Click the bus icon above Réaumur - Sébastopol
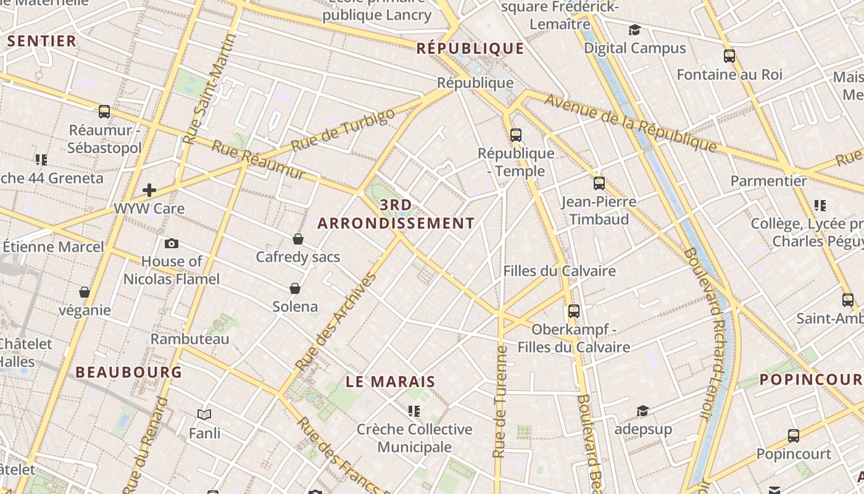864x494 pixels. point(104,112)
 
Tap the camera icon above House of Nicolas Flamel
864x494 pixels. point(172,243)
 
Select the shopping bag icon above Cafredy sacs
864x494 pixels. point(298,239)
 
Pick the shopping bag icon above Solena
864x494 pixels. point(295,288)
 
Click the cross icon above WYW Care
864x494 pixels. point(149,190)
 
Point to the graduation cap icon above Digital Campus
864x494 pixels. point(634,30)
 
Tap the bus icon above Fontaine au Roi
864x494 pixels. point(729,56)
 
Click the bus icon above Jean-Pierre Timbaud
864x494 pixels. point(599,183)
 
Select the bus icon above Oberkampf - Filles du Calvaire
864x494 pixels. point(574,311)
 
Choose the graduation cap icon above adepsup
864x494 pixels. point(642,411)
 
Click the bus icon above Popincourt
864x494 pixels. point(794,436)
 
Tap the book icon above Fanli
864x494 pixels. point(204,415)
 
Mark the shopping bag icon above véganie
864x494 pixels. point(85,292)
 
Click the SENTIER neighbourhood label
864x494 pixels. point(42,41)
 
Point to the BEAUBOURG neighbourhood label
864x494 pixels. point(129,372)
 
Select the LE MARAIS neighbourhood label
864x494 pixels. point(391,382)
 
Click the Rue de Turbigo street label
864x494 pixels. point(343,130)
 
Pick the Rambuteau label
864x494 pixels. point(190,339)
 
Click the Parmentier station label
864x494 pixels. point(768,181)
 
